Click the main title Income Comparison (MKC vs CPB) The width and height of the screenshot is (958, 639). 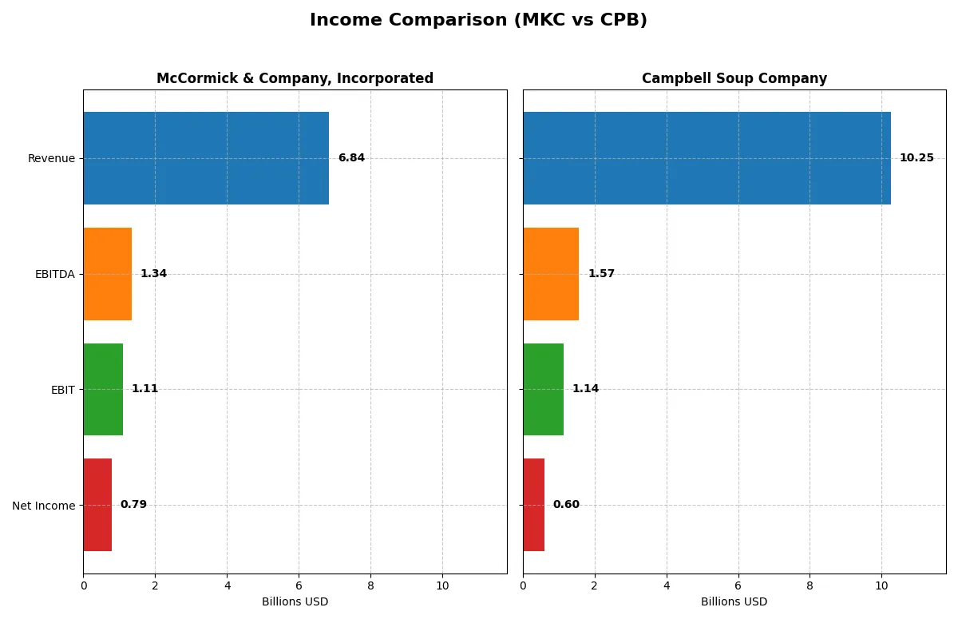click(478, 21)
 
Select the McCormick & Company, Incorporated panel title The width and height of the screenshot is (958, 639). click(295, 78)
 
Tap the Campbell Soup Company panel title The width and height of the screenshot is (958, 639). click(734, 78)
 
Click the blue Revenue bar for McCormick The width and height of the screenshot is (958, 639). click(206, 158)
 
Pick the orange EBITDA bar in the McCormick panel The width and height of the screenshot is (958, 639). click(107, 274)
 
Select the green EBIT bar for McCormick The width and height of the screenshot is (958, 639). click(103, 389)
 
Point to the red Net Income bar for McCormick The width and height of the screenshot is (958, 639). click(97, 505)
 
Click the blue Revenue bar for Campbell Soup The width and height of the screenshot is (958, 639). click(707, 158)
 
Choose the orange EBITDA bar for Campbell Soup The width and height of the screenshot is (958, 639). click(551, 274)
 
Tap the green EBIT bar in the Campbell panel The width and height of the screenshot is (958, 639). click(543, 389)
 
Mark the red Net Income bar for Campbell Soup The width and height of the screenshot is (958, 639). click(533, 505)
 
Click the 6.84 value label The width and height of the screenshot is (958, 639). click(351, 158)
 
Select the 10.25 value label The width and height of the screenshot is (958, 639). click(916, 158)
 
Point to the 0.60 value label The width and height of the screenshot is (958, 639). click(566, 505)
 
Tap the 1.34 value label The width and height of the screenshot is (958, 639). click(153, 274)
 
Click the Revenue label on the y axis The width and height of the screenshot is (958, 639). click(51, 158)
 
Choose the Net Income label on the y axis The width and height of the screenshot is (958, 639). click(44, 506)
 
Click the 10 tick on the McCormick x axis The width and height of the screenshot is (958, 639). click(442, 585)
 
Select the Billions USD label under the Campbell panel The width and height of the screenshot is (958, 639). click(734, 601)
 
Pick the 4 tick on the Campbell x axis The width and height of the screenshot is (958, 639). click(666, 585)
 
